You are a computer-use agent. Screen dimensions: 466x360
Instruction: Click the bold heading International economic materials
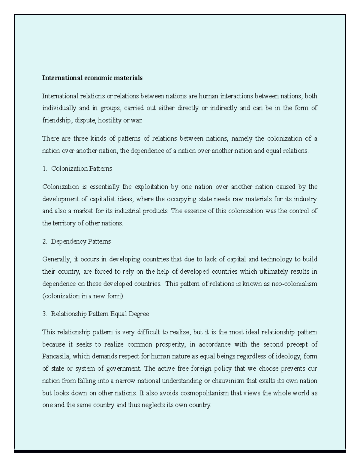92,78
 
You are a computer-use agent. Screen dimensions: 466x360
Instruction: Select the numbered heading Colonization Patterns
81,169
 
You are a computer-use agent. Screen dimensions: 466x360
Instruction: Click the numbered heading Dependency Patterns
81,242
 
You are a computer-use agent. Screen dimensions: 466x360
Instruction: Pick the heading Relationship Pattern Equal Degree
100,314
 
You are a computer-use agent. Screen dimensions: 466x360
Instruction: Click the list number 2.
44,242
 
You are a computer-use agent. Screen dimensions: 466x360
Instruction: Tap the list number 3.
44,314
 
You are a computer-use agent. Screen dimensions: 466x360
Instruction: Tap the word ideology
288,356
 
